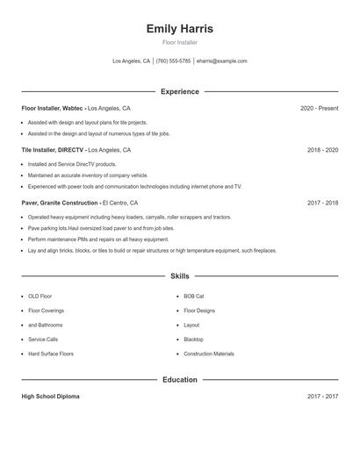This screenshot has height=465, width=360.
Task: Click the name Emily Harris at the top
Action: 179,28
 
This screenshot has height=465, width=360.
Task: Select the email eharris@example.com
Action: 221,61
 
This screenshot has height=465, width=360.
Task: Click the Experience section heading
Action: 179,91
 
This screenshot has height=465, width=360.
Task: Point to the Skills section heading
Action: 179,275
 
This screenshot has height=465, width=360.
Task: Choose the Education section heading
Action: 179,380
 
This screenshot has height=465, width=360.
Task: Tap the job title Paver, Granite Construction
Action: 60,203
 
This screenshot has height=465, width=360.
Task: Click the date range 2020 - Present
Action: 319,108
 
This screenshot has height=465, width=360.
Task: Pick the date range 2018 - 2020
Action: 322,150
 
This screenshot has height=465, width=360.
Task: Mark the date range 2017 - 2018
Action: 322,203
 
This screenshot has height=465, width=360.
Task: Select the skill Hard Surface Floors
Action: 51,354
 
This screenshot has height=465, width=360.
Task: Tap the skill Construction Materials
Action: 209,354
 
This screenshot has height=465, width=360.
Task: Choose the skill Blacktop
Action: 193,340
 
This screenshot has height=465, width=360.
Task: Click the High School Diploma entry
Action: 50,397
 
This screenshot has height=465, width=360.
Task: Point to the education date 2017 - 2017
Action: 322,397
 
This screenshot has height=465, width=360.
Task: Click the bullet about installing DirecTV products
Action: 72,164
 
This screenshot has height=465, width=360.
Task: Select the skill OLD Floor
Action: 40,297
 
